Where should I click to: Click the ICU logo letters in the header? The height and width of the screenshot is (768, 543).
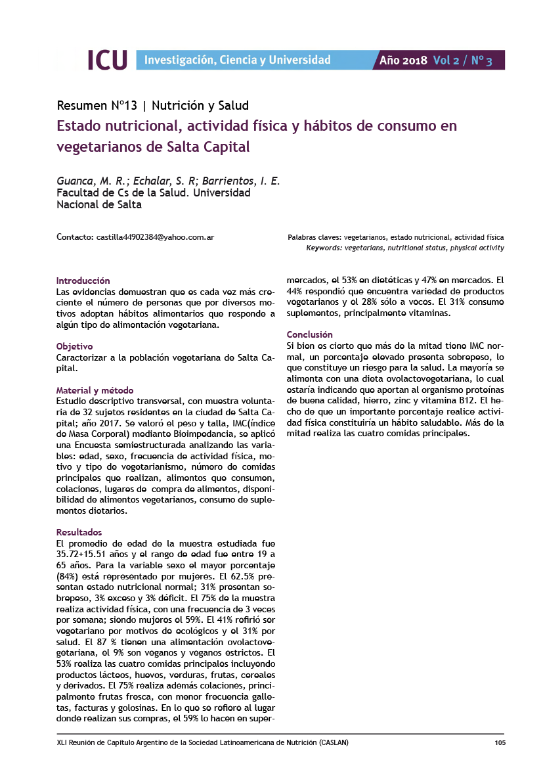(107, 60)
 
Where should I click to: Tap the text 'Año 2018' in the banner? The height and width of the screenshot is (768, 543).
(404, 60)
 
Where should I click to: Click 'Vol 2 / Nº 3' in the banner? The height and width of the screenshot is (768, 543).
(462, 60)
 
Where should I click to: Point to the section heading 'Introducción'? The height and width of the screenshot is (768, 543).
(83, 280)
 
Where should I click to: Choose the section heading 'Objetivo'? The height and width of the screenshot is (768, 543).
(75, 346)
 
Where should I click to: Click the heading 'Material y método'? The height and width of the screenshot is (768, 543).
(95, 390)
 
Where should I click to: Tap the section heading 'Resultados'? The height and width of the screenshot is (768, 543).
(79, 532)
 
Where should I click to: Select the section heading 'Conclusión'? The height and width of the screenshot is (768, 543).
(310, 334)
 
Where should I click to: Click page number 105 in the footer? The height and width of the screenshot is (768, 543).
(500, 743)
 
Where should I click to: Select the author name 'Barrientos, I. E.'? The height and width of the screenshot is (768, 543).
(241, 181)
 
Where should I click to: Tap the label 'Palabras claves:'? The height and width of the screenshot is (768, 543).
(315, 237)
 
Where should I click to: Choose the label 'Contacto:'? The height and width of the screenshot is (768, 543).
(75, 237)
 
